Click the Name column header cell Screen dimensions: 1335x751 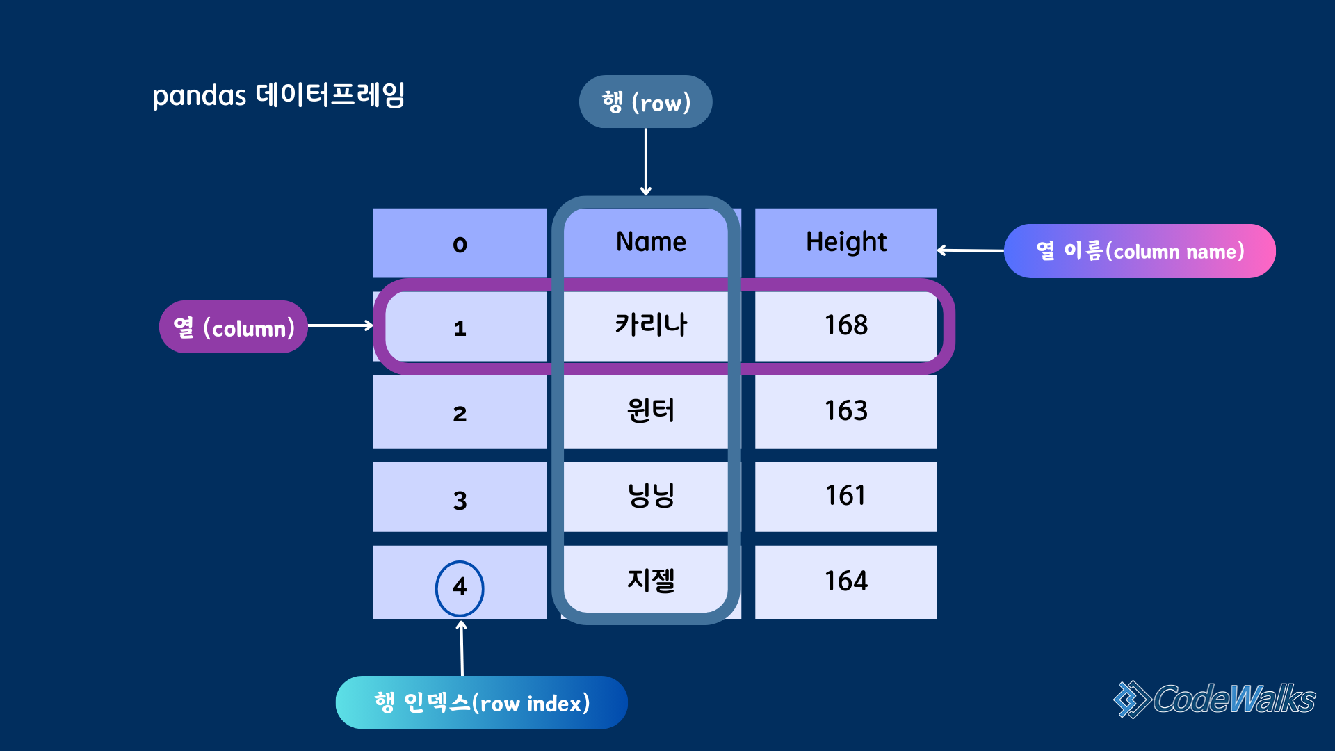click(651, 242)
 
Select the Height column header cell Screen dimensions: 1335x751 click(845, 242)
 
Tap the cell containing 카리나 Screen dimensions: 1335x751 click(651, 325)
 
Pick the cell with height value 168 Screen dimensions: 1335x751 click(845, 325)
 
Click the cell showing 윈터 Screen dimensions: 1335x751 click(651, 411)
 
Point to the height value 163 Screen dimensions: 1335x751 click(845, 411)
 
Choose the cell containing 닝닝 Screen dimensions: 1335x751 click(651, 496)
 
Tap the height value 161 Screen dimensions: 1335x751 click(845, 496)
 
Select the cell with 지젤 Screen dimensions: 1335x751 click(651, 581)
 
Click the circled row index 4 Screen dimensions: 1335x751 click(460, 588)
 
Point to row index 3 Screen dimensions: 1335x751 click(460, 499)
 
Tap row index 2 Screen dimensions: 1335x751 click(460, 413)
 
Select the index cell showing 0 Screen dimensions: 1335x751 click(460, 243)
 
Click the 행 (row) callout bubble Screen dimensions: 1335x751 click(645, 102)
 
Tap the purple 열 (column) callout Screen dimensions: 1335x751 click(234, 327)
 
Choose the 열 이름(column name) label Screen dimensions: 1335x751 click(1140, 251)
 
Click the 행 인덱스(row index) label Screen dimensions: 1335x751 click(481, 702)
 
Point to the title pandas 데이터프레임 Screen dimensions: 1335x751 click(278, 95)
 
